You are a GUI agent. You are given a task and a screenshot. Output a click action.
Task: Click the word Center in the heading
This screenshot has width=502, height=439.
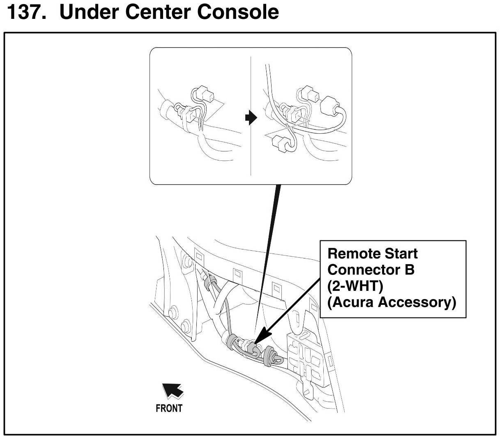[158, 11]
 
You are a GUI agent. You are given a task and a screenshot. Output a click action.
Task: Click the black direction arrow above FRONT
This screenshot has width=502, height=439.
[173, 390]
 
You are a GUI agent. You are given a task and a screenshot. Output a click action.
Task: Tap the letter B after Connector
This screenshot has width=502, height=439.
[409, 270]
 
